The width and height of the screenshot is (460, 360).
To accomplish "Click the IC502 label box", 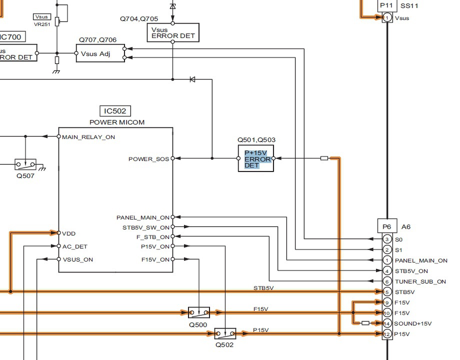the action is [x=115, y=111].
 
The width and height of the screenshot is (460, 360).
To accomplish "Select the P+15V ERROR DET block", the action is [x=256, y=158].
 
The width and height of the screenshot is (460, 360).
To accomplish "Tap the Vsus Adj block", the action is [x=100, y=53].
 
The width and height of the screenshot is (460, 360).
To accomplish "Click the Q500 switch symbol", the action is [x=199, y=312].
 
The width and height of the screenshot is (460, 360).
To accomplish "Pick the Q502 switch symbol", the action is [x=225, y=333].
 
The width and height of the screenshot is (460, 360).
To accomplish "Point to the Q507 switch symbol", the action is [x=25, y=164].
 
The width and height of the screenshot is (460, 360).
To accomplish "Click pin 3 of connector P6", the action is [x=387, y=239].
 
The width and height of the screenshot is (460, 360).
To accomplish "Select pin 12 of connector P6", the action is [x=387, y=334].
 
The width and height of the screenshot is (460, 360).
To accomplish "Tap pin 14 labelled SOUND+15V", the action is [x=387, y=323].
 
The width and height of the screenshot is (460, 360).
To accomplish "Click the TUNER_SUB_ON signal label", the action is [x=420, y=281].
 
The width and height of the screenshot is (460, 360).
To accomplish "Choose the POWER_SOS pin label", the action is [x=148, y=159].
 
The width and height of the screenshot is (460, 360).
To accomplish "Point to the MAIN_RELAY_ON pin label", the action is [x=88, y=137].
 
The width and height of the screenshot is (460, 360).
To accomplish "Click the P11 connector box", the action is [x=387, y=5].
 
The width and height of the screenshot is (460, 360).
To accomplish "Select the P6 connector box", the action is [x=387, y=226].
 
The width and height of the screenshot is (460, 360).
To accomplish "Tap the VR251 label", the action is [x=42, y=24].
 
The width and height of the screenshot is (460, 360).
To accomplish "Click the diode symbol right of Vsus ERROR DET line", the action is [x=192, y=79].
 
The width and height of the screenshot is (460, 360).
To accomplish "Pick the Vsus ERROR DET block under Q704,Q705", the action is [x=173, y=32].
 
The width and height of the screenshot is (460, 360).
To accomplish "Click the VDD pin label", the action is [x=69, y=233].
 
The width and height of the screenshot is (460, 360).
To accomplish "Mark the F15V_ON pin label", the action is [x=155, y=259].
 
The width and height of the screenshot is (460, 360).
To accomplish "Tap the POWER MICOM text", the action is [x=117, y=122].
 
